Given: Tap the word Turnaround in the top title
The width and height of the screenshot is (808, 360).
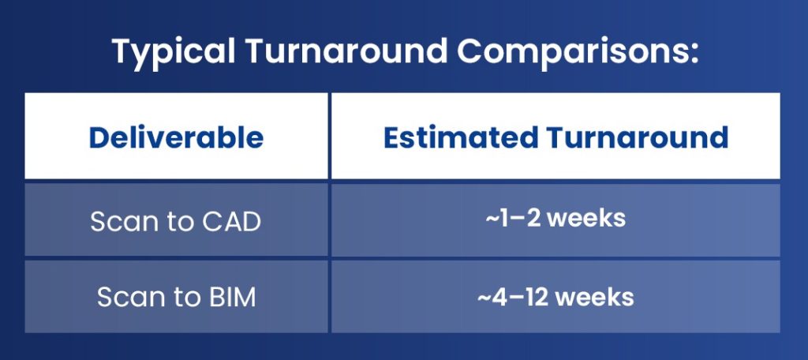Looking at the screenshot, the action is point(346,51).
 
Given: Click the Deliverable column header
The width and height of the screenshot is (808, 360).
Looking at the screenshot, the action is point(176,137).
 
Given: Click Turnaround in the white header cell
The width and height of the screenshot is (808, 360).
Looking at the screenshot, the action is point(638,137).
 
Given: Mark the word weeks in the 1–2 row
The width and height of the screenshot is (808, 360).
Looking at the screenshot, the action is point(586,218).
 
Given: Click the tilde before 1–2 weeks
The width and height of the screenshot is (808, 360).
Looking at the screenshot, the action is point(491,219).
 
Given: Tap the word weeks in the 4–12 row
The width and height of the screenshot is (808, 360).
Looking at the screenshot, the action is point(594,297).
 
